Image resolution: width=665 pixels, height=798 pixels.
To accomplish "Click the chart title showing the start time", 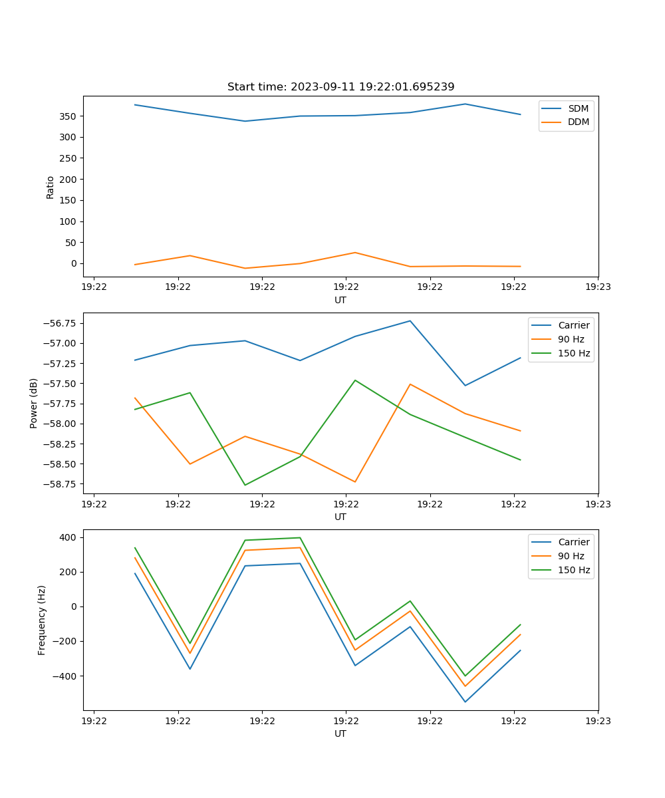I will (x=340, y=87).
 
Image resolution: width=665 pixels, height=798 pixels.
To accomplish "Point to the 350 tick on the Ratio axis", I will (x=68, y=116).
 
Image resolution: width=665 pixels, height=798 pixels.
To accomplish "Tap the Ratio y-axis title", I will (x=51, y=187).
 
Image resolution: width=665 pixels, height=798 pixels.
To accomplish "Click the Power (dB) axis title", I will (x=34, y=403).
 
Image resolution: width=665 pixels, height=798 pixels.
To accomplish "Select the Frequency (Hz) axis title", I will (x=42, y=620).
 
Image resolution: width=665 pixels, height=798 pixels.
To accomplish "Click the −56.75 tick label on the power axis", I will (x=57, y=323).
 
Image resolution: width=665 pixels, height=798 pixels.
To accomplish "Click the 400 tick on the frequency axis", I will (x=68, y=537).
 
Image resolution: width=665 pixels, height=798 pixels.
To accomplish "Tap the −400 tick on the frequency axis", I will (x=65, y=676).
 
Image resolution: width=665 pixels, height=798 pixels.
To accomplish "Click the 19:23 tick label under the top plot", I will (x=598, y=287).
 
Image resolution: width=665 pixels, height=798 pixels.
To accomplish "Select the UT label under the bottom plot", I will (x=340, y=733).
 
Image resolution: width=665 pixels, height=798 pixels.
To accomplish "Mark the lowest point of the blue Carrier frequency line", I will (x=465, y=702).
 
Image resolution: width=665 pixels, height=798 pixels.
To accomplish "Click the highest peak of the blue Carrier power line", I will (x=410, y=321).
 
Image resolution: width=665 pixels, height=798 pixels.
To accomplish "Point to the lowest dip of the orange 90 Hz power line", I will (x=355, y=481).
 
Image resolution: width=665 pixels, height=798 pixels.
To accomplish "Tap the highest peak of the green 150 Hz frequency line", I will (x=300, y=537).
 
